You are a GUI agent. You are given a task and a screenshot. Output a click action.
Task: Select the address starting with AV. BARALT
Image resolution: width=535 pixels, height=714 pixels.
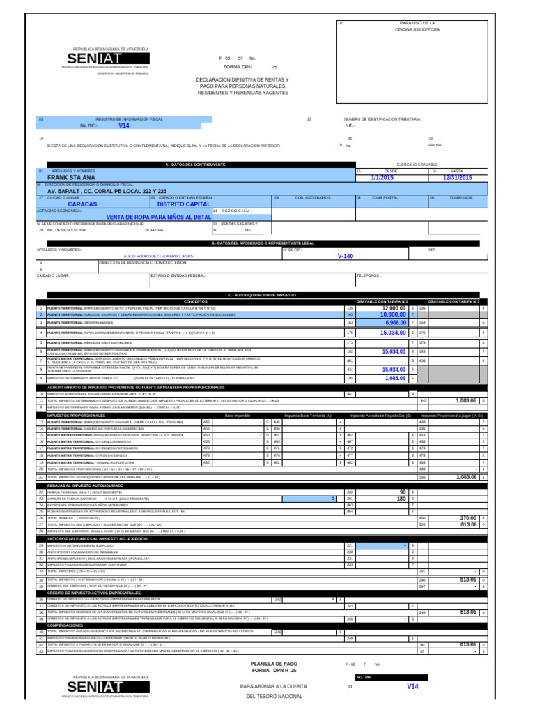pyautogui.click(x=107, y=191)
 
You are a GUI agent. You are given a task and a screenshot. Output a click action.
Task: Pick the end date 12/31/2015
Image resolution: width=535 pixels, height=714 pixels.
pyautogui.click(x=476, y=178)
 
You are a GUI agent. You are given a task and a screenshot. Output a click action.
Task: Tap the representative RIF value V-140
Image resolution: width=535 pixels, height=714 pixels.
pyautogui.click(x=346, y=256)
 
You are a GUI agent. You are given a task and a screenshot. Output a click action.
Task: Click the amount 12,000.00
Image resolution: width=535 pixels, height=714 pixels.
pyautogui.click(x=394, y=307)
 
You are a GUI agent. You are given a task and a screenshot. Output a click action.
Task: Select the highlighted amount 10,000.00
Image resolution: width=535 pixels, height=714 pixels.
pyautogui.click(x=393, y=315)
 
